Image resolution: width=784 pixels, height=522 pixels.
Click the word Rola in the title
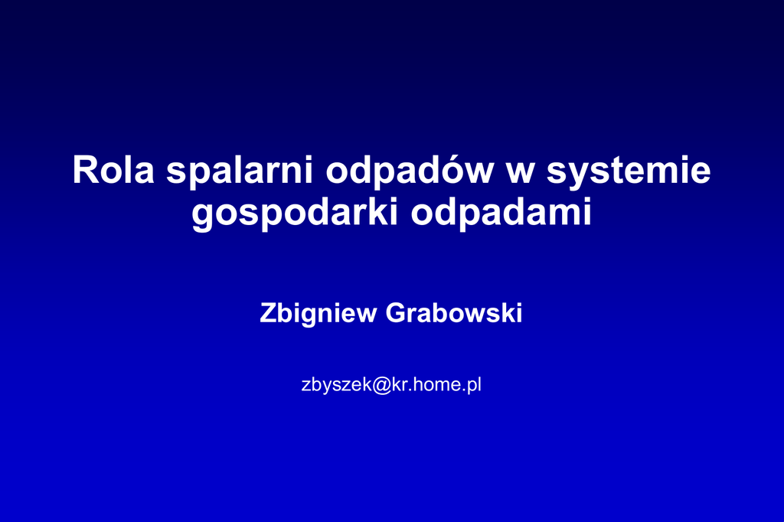pyautogui.click(x=113, y=170)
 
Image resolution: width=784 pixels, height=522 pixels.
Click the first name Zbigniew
pyautogui.click(x=318, y=314)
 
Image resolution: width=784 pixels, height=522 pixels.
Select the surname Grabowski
pyautogui.click(x=454, y=313)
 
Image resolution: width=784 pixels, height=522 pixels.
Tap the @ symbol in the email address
pyautogui.click(x=382, y=385)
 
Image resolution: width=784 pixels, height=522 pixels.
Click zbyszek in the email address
pyautogui.click(x=337, y=386)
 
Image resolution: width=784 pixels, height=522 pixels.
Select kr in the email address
pyautogui.click(x=400, y=384)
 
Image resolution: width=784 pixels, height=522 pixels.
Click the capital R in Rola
pyautogui.click(x=85, y=170)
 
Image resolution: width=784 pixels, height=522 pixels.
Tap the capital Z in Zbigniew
pyautogui.click(x=268, y=313)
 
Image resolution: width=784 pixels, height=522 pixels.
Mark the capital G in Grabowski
pyautogui.click(x=396, y=313)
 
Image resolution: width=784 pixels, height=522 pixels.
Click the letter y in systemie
pyautogui.click(x=582, y=178)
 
